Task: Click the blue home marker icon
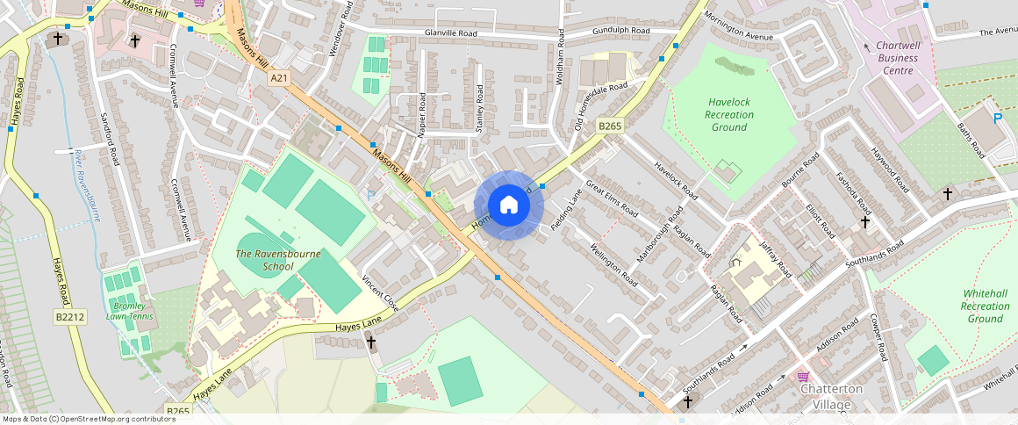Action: tap(508, 205)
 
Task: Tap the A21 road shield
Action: tap(279, 79)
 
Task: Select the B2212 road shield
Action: tap(69, 317)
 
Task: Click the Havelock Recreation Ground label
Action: tap(729, 115)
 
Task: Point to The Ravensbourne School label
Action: tap(264, 260)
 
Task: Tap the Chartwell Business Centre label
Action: tap(897, 58)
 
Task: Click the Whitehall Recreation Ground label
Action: tap(985, 306)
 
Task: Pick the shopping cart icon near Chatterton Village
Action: tap(802, 376)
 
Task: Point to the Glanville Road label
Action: tap(450, 33)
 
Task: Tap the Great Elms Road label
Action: tap(611, 198)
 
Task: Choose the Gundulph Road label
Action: tap(620, 31)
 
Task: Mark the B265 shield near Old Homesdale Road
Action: tap(609, 127)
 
